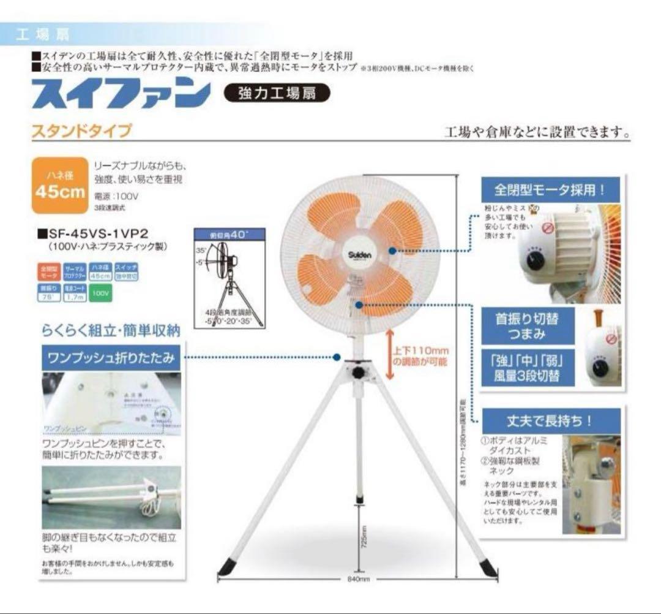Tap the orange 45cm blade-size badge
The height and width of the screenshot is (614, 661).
(x=59, y=185)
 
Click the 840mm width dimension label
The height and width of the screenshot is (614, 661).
(x=356, y=578)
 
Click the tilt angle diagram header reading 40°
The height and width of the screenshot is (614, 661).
(x=229, y=234)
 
